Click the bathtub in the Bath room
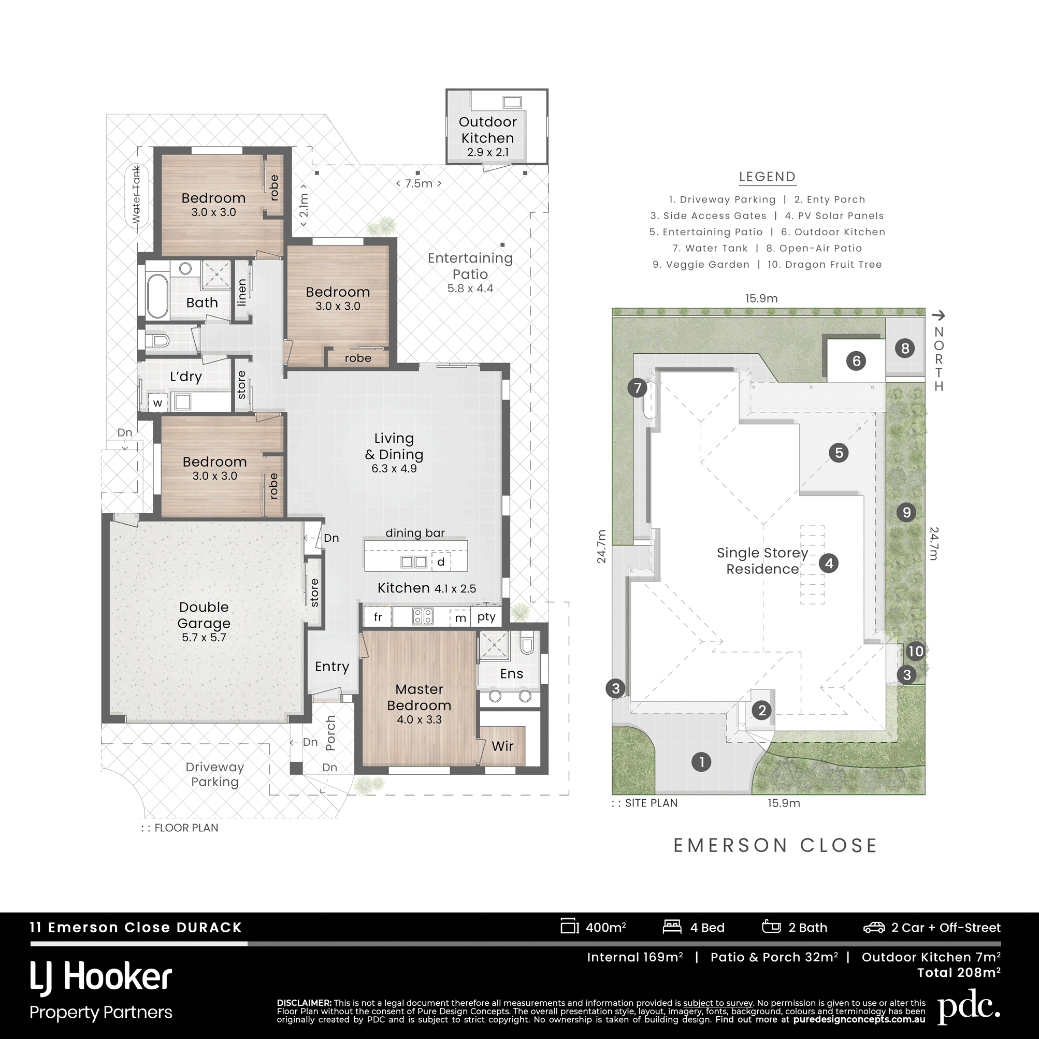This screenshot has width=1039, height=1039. [157, 296]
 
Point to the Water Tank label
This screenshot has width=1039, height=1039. [137, 195]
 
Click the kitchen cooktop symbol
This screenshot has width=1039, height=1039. [423, 616]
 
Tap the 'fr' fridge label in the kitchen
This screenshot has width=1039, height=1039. [378, 617]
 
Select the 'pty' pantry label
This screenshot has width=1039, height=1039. [486, 617]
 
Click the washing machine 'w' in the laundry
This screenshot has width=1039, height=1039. [157, 402]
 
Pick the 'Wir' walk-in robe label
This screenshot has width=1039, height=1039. [502, 746]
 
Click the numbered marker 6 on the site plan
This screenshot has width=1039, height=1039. [856, 360]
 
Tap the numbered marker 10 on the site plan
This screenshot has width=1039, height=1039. [915, 652]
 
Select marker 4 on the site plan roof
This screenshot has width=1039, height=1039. [829, 564]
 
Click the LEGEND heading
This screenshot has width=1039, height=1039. [767, 177]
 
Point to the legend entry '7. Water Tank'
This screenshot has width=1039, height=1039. [710, 249]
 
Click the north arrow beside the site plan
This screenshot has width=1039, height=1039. [939, 315]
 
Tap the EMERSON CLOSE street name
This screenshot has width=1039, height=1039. [775, 845]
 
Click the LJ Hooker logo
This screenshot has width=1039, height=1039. [101, 978]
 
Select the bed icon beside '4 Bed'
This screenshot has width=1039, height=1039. [672, 927]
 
